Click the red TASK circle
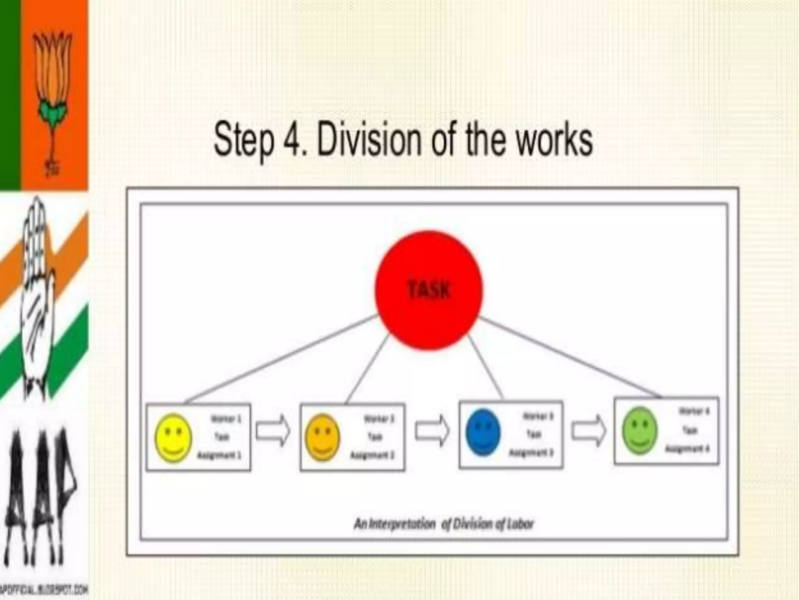tap(428, 290)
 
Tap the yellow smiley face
tap(173, 438)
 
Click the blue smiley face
tap(483, 432)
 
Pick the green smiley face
tap(640, 430)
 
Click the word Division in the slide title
tap(369, 139)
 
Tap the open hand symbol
tap(37, 297)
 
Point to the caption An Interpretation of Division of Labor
tap(444, 524)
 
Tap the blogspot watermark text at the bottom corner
tap(44, 589)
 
